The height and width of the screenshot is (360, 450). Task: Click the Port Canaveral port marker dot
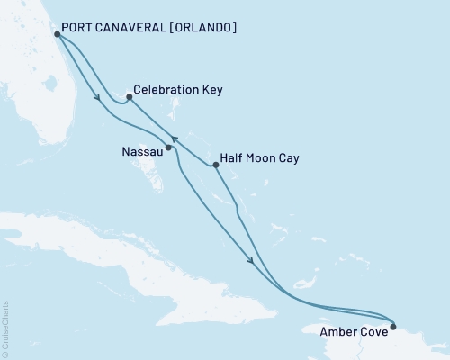57,34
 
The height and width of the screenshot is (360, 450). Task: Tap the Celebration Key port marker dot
130,97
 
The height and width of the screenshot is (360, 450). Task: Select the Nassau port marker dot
168,147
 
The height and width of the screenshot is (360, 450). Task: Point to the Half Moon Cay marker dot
215,165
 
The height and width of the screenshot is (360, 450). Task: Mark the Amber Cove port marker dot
392,327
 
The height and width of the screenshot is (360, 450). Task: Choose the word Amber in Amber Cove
339,331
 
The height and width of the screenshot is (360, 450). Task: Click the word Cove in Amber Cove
374,331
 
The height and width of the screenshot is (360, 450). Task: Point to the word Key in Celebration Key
212,90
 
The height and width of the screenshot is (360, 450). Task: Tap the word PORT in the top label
80,28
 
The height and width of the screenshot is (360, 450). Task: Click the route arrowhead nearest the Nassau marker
176,139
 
